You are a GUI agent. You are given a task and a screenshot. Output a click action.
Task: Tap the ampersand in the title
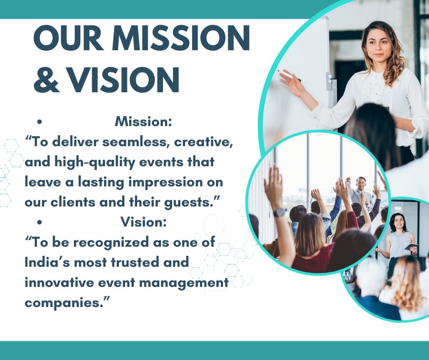pyautogui.click(x=47, y=79)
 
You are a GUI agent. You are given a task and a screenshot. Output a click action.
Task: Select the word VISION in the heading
pyautogui.click(x=123, y=79)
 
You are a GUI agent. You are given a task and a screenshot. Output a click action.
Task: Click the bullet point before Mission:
pyautogui.click(x=40, y=122)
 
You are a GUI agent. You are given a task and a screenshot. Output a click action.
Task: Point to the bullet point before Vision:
pyautogui.click(x=40, y=222)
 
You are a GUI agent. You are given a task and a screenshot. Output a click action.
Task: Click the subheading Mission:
pyautogui.click(x=143, y=122)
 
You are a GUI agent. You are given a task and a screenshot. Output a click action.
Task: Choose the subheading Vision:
pyautogui.click(x=143, y=222)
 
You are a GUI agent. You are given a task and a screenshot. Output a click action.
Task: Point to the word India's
pyautogui.click(x=48, y=263)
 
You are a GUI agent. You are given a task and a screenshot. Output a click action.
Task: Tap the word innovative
pyautogui.click(x=59, y=282)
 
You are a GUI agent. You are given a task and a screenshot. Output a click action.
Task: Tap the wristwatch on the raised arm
pyautogui.click(x=280, y=212)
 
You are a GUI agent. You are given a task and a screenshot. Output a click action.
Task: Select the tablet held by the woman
pyautogui.click(x=411, y=247)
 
